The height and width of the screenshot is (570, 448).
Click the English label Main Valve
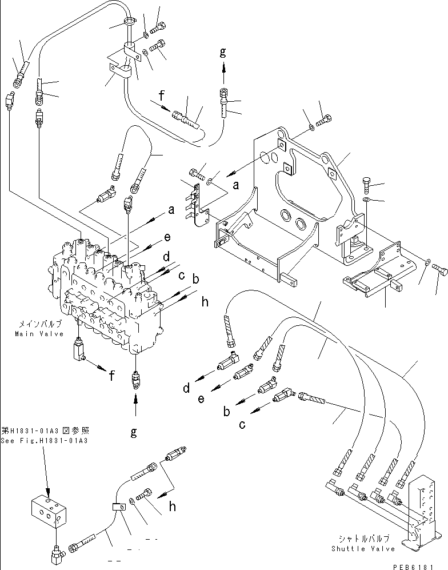pos(39,334)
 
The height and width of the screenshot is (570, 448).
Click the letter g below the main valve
pos(133,433)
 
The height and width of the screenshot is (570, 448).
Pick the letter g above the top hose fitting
pos(223,53)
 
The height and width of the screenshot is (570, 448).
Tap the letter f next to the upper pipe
pos(162,96)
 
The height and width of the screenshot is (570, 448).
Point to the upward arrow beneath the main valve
pos(135,408)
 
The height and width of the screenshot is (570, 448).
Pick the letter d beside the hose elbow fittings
pos(187,389)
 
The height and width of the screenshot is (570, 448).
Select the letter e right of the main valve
pos(167,236)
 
